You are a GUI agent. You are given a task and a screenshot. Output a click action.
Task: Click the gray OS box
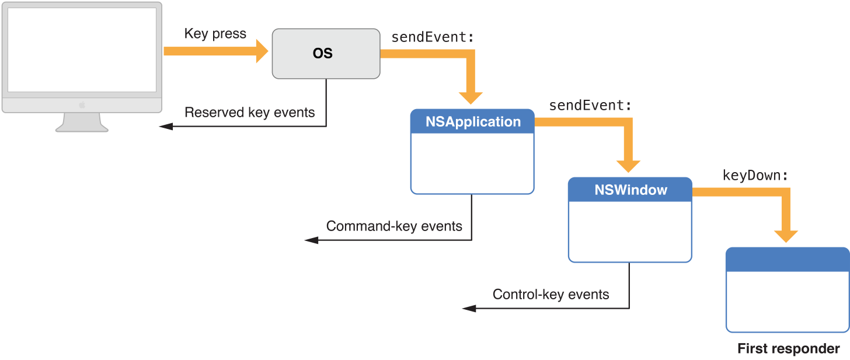tap(326, 54)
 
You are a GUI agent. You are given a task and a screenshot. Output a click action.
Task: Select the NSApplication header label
tap(473, 122)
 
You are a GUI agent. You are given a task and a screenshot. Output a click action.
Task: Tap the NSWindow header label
tap(630, 190)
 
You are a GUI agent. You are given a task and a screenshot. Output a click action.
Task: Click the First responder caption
tap(788, 349)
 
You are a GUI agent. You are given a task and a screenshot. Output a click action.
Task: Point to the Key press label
tap(215, 34)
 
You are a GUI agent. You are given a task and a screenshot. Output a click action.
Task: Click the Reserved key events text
tap(249, 113)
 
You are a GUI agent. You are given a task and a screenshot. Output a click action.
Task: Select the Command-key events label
tap(394, 226)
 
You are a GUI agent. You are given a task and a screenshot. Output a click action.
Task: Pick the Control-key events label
tap(551, 295)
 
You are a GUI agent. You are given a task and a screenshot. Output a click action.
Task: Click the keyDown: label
tap(756, 175)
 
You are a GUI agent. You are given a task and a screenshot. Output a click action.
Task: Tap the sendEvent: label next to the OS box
tap(433, 37)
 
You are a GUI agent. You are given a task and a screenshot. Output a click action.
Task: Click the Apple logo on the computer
tap(82, 105)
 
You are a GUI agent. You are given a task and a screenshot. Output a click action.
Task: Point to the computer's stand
tap(82, 123)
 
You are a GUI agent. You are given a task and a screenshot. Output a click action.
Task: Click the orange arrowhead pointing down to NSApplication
tap(471, 97)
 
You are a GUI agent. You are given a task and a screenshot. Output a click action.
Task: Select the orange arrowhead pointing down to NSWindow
tap(629, 166)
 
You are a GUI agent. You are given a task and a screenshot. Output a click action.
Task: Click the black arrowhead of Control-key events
tap(469, 308)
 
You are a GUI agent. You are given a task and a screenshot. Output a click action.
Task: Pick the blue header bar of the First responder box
tap(788, 260)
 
